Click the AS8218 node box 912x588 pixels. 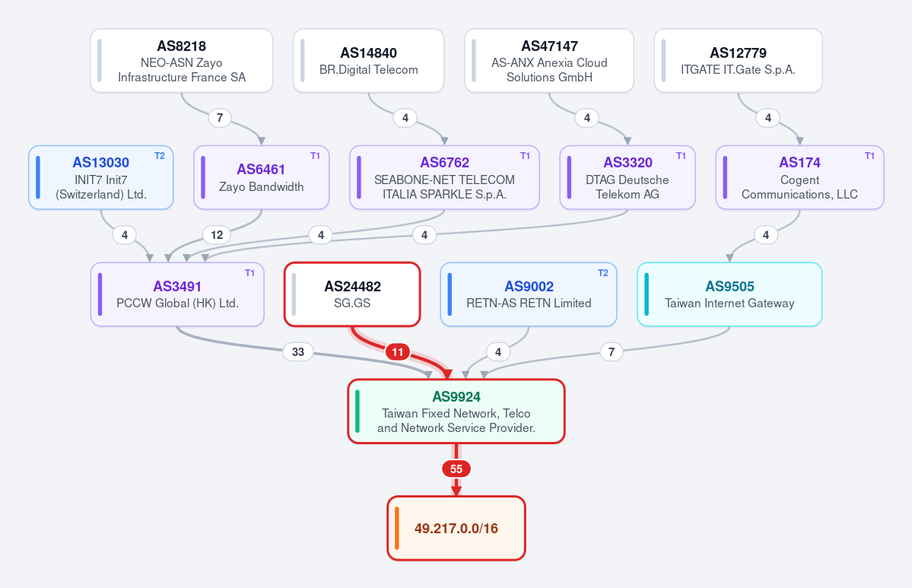click(182, 61)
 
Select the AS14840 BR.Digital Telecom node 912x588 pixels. click(369, 61)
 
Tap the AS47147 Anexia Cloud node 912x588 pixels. click(549, 61)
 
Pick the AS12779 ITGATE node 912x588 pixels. click(738, 61)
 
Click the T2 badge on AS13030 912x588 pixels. click(160, 156)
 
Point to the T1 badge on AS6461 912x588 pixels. click(315, 156)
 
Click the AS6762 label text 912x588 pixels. click(444, 162)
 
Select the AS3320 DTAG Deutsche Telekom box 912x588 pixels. click(628, 177)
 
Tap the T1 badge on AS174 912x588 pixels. click(869, 156)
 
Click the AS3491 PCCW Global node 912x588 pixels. click(177, 294)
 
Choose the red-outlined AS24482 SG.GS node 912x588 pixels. click(352, 294)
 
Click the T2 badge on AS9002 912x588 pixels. click(602, 273)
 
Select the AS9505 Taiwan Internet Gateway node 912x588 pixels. click(729, 294)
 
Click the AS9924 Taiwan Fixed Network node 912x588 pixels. click(456, 412)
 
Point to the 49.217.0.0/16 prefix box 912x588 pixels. click(456, 528)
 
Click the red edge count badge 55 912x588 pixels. click(456, 469)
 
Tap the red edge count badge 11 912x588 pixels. click(398, 352)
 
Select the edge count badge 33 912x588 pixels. click(298, 352)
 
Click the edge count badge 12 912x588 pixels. click(217, 235)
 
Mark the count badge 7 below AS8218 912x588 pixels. click(220, 118)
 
